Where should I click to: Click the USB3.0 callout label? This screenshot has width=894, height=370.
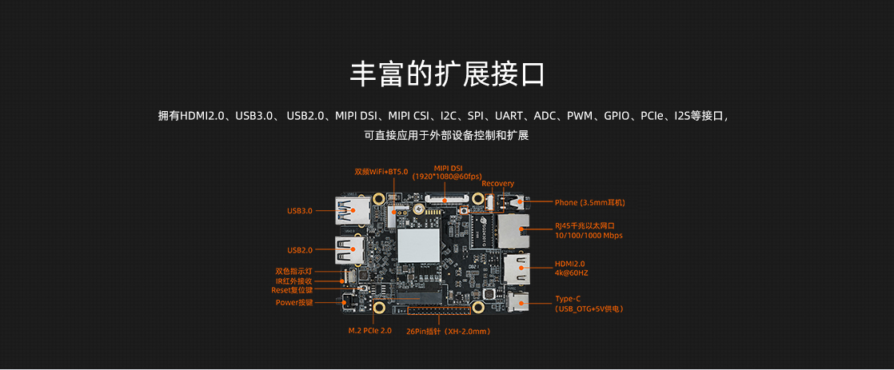tap(300, 210)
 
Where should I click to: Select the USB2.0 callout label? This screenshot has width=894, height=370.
tap(300, 250)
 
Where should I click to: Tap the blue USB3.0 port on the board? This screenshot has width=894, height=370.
tap(349, 210)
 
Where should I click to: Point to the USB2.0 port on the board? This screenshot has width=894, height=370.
tap(349, 250)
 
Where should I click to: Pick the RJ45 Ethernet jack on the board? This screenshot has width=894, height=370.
tap(513, 231)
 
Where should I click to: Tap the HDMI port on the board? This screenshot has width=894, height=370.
tap(517, 268)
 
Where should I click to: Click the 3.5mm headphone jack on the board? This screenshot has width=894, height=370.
tap(513, 202)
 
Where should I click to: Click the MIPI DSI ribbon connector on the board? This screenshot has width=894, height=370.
tap(448, 200)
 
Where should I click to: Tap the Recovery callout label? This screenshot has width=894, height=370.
tap(497, 184)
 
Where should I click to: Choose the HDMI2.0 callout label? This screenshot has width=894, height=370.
tap(569, 264)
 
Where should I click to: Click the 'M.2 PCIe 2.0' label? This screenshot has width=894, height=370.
tap(370, 331)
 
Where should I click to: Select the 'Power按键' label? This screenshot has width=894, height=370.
tap(294, 303)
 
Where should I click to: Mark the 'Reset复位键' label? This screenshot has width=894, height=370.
tap(292, 290)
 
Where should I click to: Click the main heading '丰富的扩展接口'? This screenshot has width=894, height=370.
tap(447, 74)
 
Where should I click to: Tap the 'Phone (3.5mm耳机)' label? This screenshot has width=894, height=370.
tap(585, 202)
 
